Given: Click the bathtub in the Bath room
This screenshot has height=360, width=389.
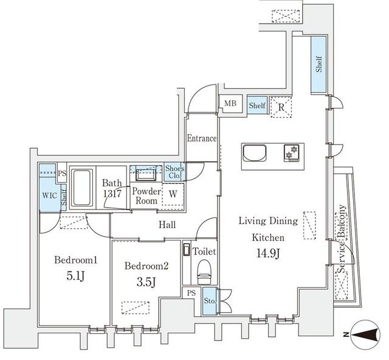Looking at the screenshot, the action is click(81, 188).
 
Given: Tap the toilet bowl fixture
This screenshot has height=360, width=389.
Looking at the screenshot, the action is click(204, 272).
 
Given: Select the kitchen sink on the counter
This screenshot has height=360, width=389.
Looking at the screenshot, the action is click(255, 153).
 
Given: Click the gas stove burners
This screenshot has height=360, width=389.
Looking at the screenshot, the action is click(292, 152).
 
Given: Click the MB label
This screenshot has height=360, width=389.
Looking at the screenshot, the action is click(230, 103).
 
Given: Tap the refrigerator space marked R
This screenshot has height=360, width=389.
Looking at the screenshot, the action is click(281, 107).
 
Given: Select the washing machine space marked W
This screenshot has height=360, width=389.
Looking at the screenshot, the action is click(173, 194).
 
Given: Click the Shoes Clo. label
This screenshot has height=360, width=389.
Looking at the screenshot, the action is click(174, 172).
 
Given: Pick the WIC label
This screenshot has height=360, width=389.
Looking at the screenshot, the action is click(50, 195).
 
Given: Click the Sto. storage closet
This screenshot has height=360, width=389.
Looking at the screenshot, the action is click(210, 301).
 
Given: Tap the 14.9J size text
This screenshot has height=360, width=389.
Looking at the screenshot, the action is click(268, 254).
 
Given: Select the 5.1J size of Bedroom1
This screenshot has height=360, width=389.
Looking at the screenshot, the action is click(76, 276).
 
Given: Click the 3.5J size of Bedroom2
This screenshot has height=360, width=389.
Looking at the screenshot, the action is click(146, 282).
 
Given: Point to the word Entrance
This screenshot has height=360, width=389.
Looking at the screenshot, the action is click(202, 138).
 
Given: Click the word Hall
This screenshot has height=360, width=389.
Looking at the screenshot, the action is click(167, 225).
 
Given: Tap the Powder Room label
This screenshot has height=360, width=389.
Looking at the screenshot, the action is click(146, 195).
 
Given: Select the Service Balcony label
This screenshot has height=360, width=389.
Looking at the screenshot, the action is click(342, 239).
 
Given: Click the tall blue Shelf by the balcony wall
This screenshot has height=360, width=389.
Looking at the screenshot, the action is click(318, 65).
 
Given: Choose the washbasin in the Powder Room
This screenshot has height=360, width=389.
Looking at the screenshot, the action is click(146, 173).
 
